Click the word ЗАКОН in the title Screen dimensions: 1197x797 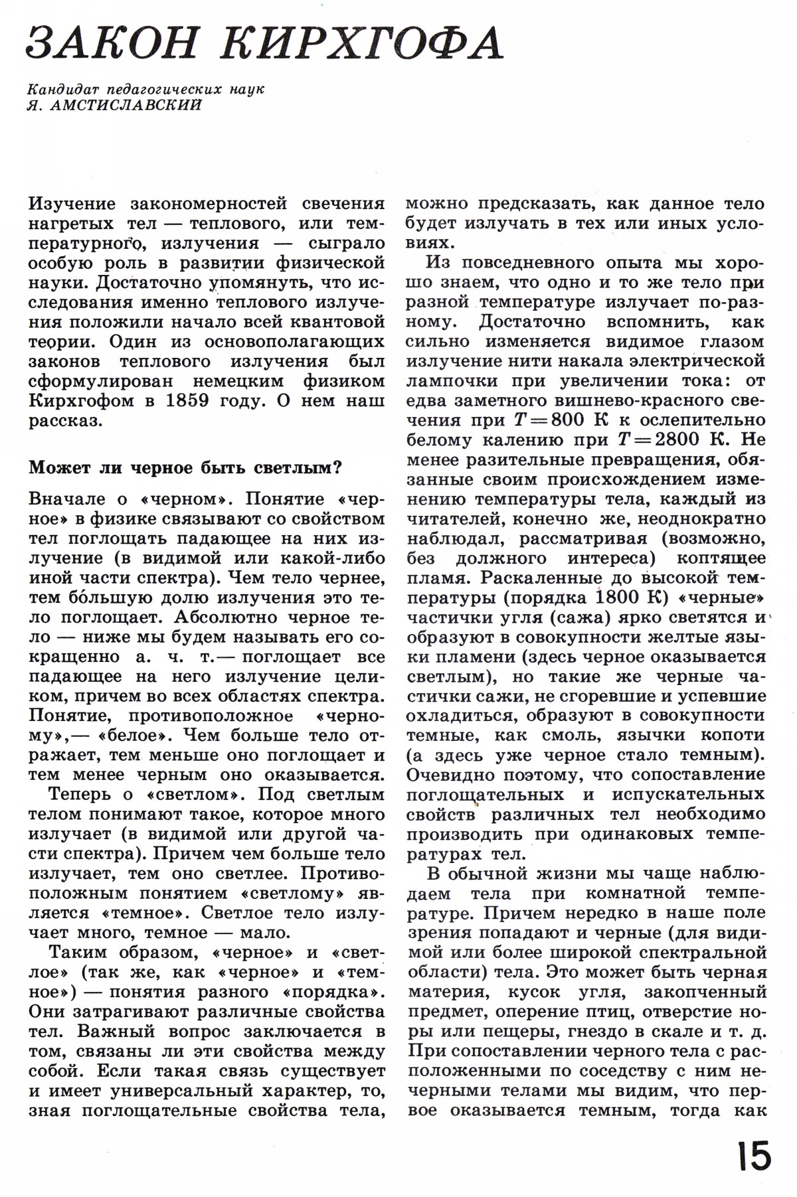[113, 44]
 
